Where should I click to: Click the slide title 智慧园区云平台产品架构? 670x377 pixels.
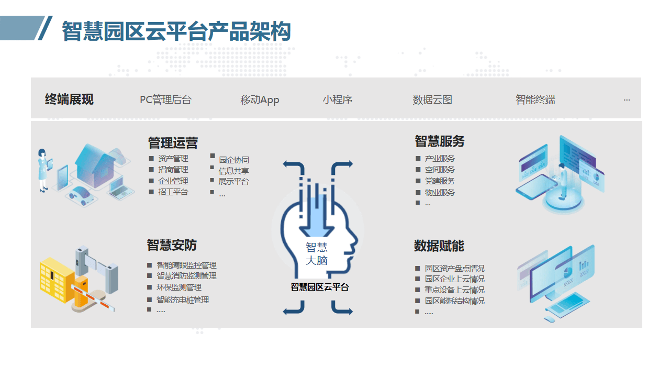pyautogui.click(x=176, y=31)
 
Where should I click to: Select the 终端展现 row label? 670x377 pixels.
pyautogui.click(x=69, y=99)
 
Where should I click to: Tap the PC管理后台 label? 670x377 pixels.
pyautogui.click(x=166, y=99)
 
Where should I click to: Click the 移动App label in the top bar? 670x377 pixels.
pyautogui.click(x=260, y=99)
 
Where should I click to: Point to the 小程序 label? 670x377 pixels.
pyautogui.click(x=338, y=99)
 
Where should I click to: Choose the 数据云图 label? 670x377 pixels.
pyautogui.click(x=432, y=99)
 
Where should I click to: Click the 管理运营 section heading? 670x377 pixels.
pyautogui.click(x=173, y=143)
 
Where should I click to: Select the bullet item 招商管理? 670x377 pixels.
pyautogui.click(x=173, y=170)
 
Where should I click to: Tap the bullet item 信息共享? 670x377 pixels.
pyautogui.click(x=234, y=171)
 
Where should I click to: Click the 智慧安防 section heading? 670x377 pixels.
pyautogui.click(x=172, y=245)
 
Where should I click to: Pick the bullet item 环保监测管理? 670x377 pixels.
pyautogui.click(x=179, y=287)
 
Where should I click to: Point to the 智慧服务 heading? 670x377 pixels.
pyautogui.click(x=440, y=141)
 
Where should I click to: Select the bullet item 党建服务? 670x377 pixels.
pyautogui.click(x=440, y=181)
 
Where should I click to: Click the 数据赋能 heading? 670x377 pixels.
pyautogui.click(x=439, y=246)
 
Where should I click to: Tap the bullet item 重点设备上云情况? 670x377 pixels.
pyautogui.click(x=455, y=290)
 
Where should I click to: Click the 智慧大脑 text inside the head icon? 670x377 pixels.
pyautogui.click(x=317, y=254)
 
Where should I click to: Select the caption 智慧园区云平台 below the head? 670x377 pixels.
pyautogui.click(x=320, y=287)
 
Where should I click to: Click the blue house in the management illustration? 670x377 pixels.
pyautogui.click(x=95, y=165)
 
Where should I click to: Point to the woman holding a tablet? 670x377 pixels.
pyautogui.click(x=44, y=171)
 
